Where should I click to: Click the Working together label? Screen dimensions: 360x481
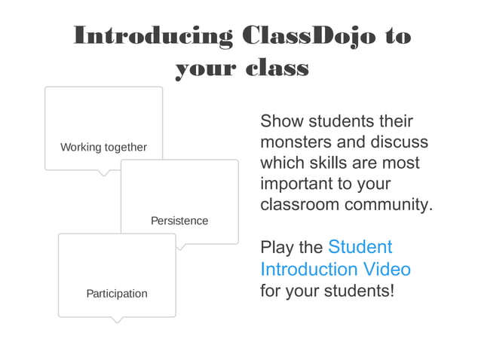pos(103,147)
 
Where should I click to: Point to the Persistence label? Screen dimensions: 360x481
pos(179,221)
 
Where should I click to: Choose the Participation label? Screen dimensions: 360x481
pos(117,293)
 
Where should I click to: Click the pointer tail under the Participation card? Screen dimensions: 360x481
pos(116,319)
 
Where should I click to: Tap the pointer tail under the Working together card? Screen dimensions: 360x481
pos(105,172)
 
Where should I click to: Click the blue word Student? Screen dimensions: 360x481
pos(360,247)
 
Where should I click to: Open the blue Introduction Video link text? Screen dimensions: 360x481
pos(335,269)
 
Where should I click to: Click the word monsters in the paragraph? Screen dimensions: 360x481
pos(291,142)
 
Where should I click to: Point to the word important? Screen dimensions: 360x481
pos(298,184)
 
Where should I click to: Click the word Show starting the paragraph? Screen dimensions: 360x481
pos(280,121)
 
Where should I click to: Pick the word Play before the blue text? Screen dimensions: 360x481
pos(276,247)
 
